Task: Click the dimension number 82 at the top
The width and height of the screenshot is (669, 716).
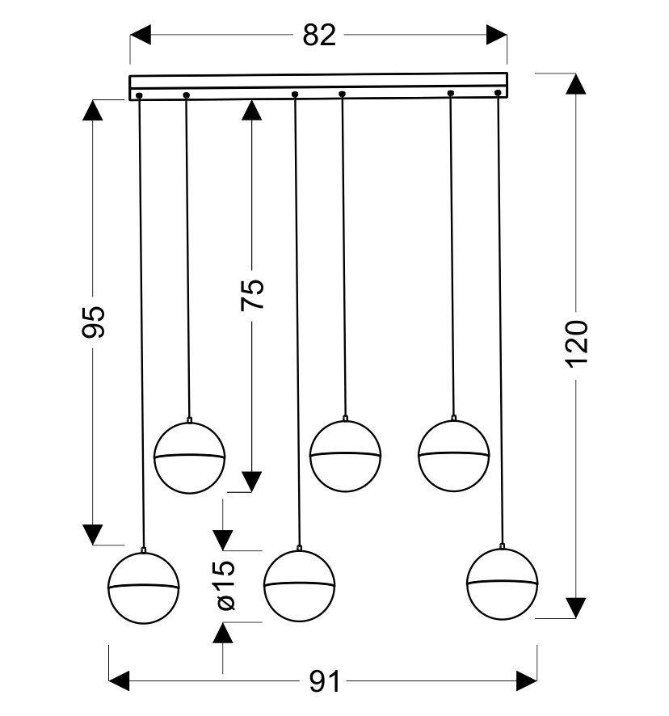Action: pos(319,36)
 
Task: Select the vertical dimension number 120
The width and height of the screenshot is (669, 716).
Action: pos(577,343)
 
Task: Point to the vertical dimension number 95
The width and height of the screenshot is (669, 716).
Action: pos(94,322)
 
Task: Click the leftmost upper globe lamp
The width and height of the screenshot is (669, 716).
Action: pos(189,457)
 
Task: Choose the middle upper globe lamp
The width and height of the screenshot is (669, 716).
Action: pos(345,456)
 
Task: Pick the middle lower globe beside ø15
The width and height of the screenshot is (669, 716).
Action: pos(299,586)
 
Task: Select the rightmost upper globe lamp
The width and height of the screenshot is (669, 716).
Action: pos(453,455)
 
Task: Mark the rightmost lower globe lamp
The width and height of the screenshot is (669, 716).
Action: pos(503,584)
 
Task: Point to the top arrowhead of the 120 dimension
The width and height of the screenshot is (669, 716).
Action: pos(576,85)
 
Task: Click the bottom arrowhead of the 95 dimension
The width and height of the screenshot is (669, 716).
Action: pos(94,534)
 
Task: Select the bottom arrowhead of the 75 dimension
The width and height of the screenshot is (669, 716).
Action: pos(252,482)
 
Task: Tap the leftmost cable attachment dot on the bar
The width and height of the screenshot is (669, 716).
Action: pos(140,96)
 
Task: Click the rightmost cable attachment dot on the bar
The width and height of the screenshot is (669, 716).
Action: pos(498,94)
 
